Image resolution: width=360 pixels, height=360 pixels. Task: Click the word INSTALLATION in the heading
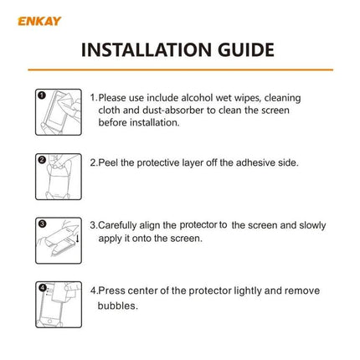[143, 49]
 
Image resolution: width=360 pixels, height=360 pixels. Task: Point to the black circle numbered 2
[42, 159]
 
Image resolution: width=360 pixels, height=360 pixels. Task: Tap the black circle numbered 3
[42, 223]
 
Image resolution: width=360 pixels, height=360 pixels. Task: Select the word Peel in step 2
[111, 162]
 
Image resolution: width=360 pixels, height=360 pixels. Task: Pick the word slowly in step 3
[306, 225]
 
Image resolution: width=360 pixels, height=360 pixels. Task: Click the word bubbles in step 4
[116, 304]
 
